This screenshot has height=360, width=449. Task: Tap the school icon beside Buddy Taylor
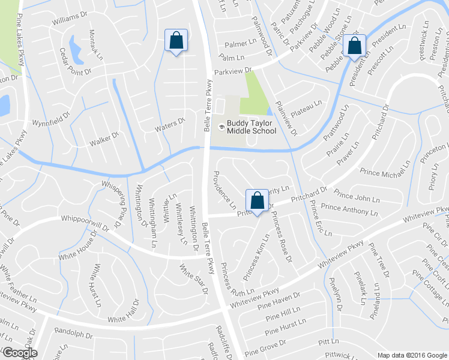click(221, 127)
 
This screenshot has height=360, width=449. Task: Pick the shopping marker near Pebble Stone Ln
click(355, 46)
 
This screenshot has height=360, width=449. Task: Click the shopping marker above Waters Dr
click(176, 41)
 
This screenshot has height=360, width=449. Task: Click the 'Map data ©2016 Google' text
click(412, 355)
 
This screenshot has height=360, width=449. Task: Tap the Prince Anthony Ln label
click(349, 209)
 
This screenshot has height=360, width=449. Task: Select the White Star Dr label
click(193, 276)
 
